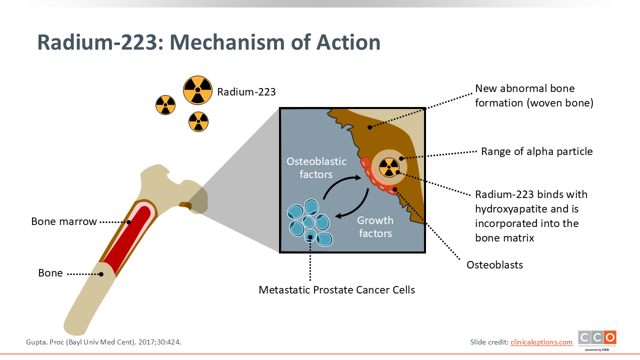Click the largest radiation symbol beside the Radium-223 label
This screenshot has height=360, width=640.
click(197, 90)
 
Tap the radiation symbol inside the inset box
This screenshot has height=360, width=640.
click(389, 167)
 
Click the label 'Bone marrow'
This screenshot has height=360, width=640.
click(64, 221)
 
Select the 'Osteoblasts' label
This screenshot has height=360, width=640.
click(494, 265)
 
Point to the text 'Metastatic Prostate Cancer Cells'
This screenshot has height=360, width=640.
click(336, 290)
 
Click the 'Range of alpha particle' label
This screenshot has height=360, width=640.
click(537, 151)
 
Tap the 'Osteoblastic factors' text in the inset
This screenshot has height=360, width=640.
click(316, 167)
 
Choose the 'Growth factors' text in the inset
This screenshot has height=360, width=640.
click(375, 227)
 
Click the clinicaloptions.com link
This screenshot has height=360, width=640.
click(541, 342)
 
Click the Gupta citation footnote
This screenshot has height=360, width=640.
click(103, 342)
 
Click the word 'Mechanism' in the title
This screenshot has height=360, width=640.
click(227, 42)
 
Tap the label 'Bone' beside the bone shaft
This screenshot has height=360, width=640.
click(50, 273)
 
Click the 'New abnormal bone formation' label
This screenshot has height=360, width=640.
click(534, 95)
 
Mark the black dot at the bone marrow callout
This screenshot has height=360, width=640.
click(129, 222)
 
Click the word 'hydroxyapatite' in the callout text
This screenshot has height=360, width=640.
click(511, 209)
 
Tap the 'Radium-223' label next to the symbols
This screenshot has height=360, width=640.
click(246, 92)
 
